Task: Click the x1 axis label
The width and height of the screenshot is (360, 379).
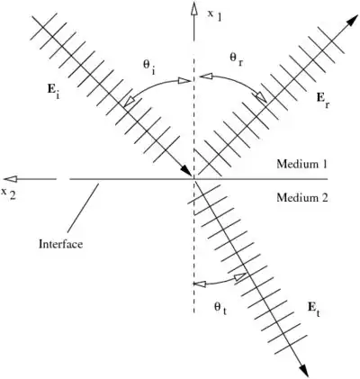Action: (x=215, y=16)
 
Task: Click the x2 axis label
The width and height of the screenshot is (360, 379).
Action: (x=10, y=194)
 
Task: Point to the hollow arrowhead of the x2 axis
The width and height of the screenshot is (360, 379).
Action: (x=11, y=179)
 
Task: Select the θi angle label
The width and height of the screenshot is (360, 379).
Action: (x=149, y=67)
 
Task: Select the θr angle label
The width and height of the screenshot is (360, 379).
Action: (x=236, y=59)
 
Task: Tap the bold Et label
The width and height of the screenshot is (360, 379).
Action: (x=314, y=308)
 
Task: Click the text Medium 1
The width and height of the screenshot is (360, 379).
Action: (x=301, y=164)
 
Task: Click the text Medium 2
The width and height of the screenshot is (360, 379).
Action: (x=301, y=198)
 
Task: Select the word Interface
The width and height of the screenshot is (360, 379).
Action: (x=60, y=244)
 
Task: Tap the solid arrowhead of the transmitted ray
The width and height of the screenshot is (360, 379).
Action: (x=303, y=370)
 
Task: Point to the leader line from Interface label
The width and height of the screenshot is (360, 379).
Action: (x=83, y=208)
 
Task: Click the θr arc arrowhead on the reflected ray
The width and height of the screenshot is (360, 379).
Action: (x=261, y=97)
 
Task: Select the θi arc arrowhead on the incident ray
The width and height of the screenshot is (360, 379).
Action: (x=129, y=102)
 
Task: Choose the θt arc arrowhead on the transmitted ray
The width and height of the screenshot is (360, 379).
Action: (x=240, y=277)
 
